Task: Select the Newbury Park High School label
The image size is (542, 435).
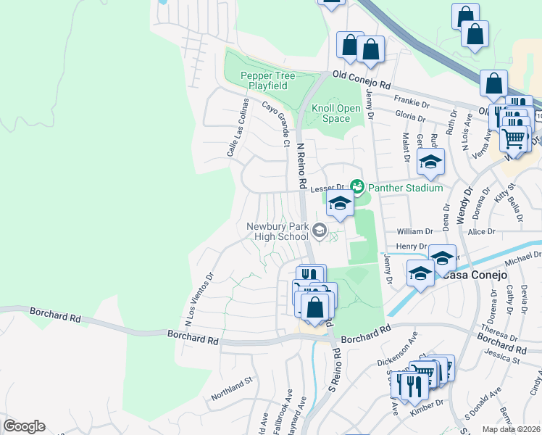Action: pyautogui.click(x=278, y=231)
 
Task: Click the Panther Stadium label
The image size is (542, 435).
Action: pyautogui.click(x=405, y=188)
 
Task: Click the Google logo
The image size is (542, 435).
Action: pyautogui.click(x=24, y=426)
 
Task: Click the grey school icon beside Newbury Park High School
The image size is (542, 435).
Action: pyautogui.click(x=319, y=231)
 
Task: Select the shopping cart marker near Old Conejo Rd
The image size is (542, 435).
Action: pyautogui.click(x=514, y=138)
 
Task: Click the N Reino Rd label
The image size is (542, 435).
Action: pyautogui.click(x=301, y=165)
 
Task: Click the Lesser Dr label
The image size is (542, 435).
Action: pyautogui.click(x=325, y=188)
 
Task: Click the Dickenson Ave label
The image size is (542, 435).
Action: pyautogui.click(x=398, y=351)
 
